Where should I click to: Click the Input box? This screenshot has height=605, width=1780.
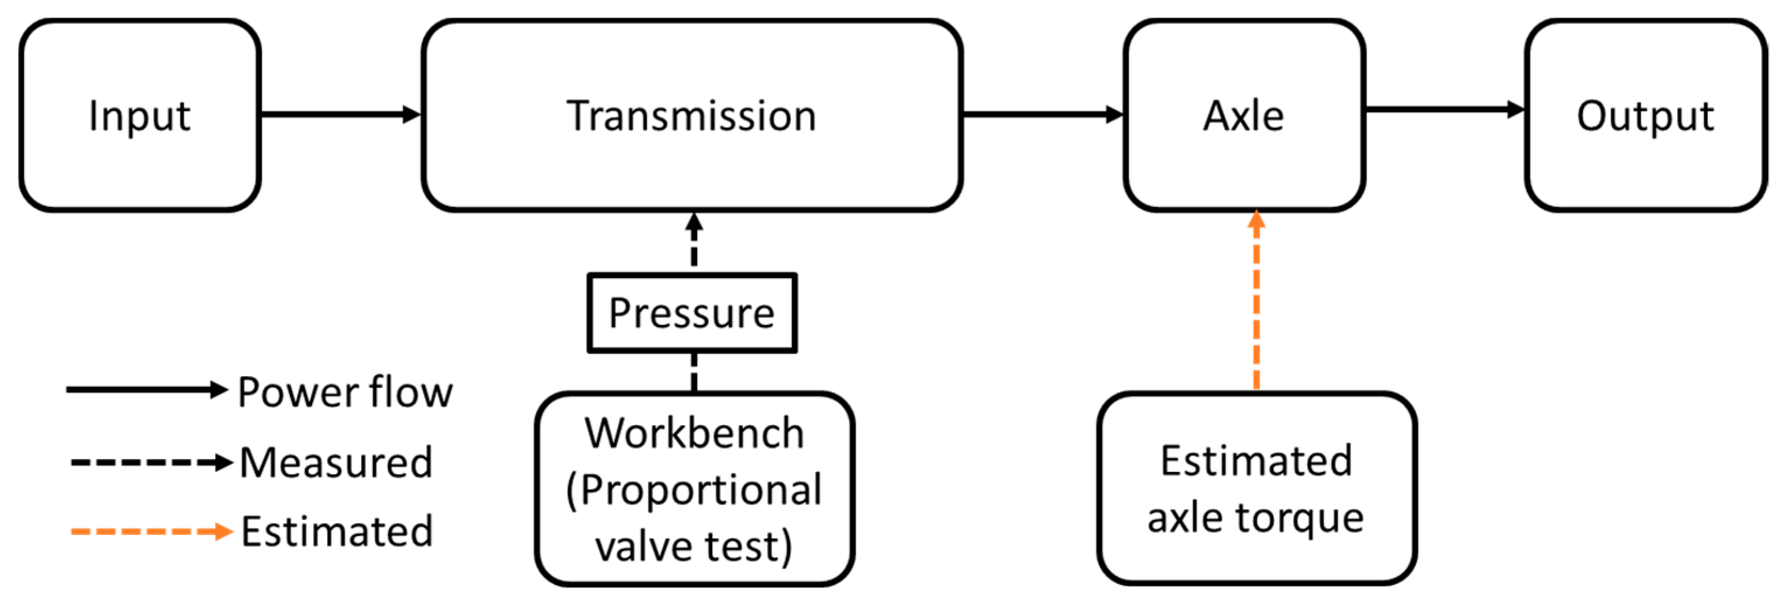coord(139,115)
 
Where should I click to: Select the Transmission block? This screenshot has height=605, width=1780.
coord(692,115)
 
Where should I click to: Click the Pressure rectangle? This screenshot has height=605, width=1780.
coord(692,313)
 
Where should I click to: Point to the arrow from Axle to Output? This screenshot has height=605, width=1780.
coord(1444,109)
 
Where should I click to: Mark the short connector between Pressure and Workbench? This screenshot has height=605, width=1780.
coord(694,373)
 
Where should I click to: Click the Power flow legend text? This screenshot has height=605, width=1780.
coord(345,392)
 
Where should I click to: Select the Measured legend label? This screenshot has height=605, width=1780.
coord(336,462)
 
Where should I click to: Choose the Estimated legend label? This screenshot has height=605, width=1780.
coord(337,531)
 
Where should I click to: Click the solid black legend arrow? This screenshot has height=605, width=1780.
coord(146,390)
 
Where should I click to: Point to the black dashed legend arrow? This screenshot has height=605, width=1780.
coord(150,462)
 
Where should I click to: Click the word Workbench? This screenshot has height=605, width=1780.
coord(694,433)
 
